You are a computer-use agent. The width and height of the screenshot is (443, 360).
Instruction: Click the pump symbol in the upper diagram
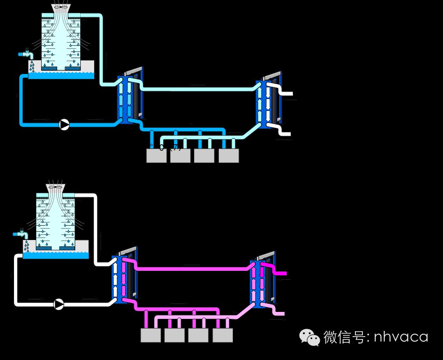point(64,125)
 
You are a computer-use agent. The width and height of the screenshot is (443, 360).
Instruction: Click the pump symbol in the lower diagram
point(59,304)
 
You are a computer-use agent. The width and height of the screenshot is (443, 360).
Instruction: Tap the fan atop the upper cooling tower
point(61,7)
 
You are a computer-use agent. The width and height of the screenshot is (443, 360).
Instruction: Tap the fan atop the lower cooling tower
point(55,187)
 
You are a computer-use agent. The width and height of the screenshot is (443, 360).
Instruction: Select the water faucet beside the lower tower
point(21,234)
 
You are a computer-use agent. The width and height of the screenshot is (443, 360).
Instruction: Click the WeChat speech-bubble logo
point(309,337)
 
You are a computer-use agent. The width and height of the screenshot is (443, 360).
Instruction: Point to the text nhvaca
point(401,337)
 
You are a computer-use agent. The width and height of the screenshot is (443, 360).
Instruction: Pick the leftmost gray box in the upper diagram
point(156,156)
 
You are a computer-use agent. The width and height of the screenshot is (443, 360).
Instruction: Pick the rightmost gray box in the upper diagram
point(229,156)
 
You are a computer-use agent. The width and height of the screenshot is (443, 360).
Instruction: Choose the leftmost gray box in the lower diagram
point(151,335)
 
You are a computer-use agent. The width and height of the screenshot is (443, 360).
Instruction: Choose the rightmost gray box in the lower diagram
point(223,335)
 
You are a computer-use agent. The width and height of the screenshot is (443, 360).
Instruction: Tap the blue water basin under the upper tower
point(61,76)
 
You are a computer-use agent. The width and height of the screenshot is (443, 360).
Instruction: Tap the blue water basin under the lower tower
point(55,256)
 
